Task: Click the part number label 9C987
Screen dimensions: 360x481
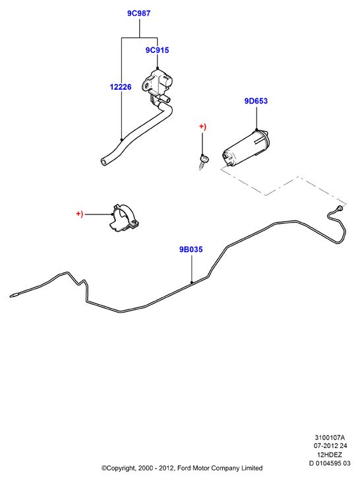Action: (x=138, y=13)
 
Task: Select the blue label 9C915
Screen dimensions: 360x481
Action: (x=157, y=50)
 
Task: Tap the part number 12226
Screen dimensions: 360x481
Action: (x=121, y=87)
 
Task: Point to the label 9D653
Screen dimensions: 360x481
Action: (x=256, y=101)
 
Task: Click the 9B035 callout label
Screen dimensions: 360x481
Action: (x=191, y=249)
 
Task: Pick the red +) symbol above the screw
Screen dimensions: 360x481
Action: (x=202, y=127)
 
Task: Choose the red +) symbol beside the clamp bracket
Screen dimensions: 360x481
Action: (x=80, y=214)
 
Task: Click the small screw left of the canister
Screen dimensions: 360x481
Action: (x=203, y=162)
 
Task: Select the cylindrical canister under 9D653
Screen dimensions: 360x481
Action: (x=246, y=148)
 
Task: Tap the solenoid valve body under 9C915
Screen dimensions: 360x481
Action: (x=157, y=83)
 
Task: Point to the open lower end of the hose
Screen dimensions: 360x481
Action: (x=104, y=162)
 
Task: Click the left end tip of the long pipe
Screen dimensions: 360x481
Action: (x=11, y=296)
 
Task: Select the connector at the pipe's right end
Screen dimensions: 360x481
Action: (x=339, y=208)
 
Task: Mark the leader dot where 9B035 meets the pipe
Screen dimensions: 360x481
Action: (x=192, y=282)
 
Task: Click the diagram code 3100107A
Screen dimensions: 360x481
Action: (x=330, y=437)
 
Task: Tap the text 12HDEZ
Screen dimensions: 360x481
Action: (x=330, y=455)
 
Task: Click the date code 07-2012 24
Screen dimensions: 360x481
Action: (x=330, y=446)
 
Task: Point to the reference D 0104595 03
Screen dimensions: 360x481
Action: (x=330, y=463)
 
